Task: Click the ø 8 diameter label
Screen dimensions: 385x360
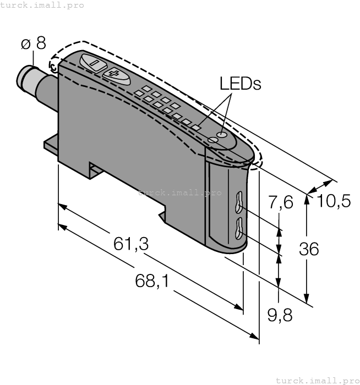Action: [x=34, y=44]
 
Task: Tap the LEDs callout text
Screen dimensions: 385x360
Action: [x=239, y=84]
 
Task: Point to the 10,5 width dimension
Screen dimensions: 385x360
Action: [x=334, y=201]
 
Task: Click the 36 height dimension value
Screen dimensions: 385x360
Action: [x=308, y=249]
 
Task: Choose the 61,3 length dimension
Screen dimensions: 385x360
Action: [x=131, y=244]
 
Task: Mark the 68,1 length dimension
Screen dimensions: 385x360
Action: [x=152, y=282]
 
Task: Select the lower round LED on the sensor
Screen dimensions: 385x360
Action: [x=214, y=141]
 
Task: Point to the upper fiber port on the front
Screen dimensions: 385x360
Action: [x=239, y=201]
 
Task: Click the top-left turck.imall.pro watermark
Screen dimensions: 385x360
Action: [x=42, y=5]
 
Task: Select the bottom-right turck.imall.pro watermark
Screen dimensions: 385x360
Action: [x=317, y=380]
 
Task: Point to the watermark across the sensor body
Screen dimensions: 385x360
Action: [x=179, y=193]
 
